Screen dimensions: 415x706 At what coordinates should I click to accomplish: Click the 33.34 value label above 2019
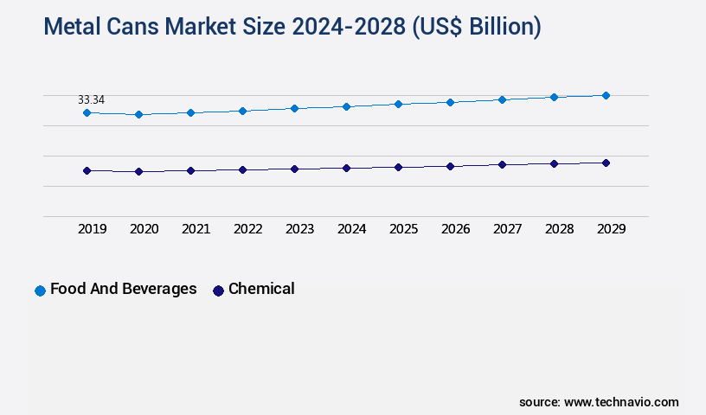tap(91, 100)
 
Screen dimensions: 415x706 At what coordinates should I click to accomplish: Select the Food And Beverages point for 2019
tap(87, 113)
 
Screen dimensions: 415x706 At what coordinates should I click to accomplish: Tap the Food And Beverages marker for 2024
tap(346, 106)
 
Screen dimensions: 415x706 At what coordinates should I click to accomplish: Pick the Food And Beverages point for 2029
tap(606, 95)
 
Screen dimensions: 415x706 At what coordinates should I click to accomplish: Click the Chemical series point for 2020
tap(138, 172)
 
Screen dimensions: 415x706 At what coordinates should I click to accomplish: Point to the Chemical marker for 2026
tap(450, 166)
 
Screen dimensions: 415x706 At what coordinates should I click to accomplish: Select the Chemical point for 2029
tap(606, 163)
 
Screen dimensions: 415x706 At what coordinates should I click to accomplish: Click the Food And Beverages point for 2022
tap(242, 111)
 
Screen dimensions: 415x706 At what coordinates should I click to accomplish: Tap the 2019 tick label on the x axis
tap(92, 229)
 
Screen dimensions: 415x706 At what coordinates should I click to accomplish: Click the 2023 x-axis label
tap(299, 229)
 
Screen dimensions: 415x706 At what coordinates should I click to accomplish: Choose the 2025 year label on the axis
tap(403, 229)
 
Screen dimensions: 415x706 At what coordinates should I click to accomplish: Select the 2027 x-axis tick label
tap(507, 229)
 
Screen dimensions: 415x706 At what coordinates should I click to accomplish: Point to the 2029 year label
tap(611, 229)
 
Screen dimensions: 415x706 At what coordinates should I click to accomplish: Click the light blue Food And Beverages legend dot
tap(40, 290)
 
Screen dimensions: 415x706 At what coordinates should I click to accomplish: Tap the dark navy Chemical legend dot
tap(218, 290)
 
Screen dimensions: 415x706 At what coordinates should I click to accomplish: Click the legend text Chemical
tap(261, 289)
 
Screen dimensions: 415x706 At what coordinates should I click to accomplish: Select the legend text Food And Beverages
tap(124, 289)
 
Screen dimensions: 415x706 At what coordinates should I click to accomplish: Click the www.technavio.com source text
tap(621, 402)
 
